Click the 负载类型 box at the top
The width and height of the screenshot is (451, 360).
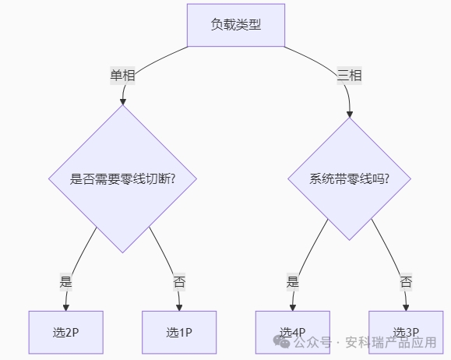coord(236,24)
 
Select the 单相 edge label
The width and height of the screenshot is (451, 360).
coord(122,76)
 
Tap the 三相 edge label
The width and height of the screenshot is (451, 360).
coord(349,76)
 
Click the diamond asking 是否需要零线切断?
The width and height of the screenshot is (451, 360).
coord(122,178)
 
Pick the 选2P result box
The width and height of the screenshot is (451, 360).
coord(66,332)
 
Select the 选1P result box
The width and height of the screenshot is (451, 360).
coord(179,332)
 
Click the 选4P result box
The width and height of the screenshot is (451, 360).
coord(293,332)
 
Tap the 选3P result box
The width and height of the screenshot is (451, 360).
coord(406,332)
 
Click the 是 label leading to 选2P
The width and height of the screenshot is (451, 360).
coord(66,281)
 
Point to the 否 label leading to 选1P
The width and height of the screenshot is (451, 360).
coord(179,281)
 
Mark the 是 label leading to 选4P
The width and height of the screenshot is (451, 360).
coord(293,281)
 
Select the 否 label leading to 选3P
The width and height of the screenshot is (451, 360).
coord(406,281)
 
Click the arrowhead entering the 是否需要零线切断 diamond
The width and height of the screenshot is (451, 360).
coord(122,101)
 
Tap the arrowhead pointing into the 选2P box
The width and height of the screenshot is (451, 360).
coord(66,306)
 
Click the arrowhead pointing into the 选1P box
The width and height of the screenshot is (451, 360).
coord(179,306)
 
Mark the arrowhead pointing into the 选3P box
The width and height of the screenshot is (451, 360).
coord(406,306)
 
